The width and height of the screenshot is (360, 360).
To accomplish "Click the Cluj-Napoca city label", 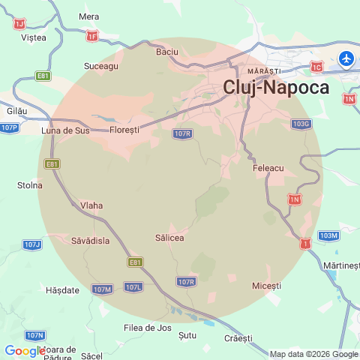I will [x=276, y=87].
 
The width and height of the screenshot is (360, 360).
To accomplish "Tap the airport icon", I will [x=346, y=58].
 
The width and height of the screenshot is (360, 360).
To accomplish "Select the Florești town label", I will [x=124, y=130].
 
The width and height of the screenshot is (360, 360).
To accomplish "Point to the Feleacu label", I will [x=268, y=169].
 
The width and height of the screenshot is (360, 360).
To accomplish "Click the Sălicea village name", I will [x=169, y=238].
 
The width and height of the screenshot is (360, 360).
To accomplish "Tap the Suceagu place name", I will [x=101, y=66].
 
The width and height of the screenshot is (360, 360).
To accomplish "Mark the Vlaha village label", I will [x=91, y=205].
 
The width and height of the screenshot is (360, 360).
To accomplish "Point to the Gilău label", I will [x=16, y=110].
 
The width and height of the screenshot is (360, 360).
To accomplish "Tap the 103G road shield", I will [x=301, y=123].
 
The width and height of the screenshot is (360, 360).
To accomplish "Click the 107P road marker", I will [x=9, y=127].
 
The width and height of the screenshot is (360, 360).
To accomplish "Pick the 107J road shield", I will [x=32, y=244].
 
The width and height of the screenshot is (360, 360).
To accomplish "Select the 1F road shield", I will [x=92, y=35].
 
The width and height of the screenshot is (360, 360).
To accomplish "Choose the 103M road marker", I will [x=328, y=235].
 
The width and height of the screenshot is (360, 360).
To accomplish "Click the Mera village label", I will [x=88, y=16].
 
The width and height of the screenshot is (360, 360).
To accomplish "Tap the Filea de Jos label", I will [x=148, y=327].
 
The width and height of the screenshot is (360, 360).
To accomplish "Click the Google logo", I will [x=25, y=351].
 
